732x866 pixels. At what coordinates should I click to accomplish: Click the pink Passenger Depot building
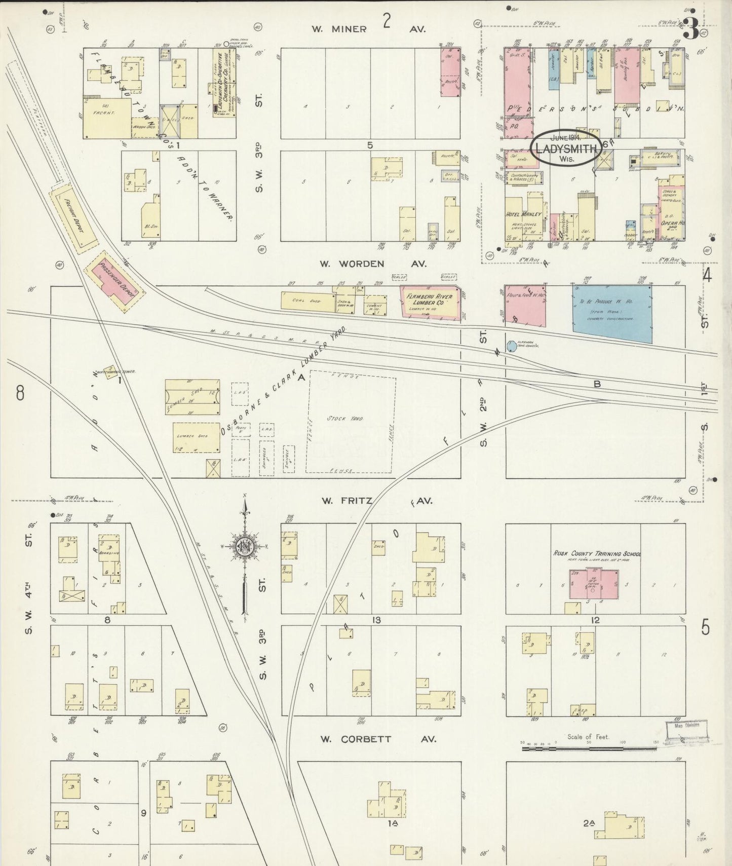tap(116, 281)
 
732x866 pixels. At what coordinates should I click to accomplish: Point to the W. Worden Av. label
tap(373, 263)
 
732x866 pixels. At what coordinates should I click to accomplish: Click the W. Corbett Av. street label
tap(377, 739)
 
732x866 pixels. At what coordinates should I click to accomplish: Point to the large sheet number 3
tap(689, 29)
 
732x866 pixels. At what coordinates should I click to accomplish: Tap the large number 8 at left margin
tap(20, 393)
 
